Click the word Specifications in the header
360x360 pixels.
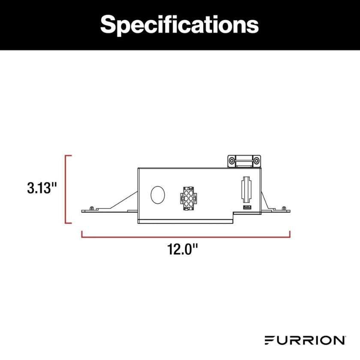coord(180,25)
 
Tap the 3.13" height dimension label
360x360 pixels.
coord(42,188)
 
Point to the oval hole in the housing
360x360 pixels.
coord(158,195)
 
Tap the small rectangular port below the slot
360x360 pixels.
coord(247,208)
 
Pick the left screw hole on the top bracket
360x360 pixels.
coord(232,161)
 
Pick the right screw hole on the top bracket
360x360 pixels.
coord(256,161)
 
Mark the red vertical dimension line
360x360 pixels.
coord(66,189)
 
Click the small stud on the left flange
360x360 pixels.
coord(92,208)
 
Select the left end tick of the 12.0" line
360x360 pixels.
coord(82,234)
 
